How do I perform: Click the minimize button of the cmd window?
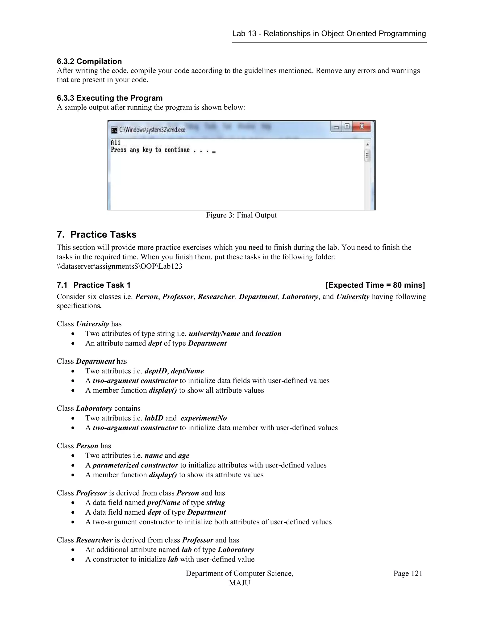coord(337,127)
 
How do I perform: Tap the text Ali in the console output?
coord(115,142)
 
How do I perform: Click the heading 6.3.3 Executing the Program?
coord(110,98)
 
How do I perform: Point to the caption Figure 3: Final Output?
coord(241,215)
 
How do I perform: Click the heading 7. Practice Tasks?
coord(96,234)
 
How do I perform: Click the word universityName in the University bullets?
coord(214,333)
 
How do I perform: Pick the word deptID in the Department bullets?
coord(156,371)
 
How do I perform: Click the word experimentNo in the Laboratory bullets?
coord(204,418)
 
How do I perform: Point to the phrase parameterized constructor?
coord(135,465)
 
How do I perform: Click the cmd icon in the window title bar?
coord(114,130)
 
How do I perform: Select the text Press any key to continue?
coord(150,150)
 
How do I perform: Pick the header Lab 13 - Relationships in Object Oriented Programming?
coord(329,33)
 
